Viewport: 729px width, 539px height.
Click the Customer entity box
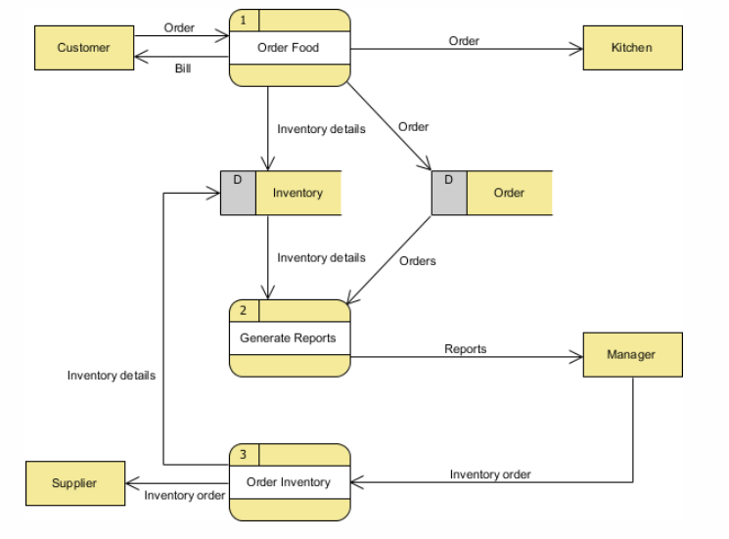(83, 47)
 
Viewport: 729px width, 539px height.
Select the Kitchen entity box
(632, 47)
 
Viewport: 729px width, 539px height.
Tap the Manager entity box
(632, 354)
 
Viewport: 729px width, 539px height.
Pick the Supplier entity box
(75, 483)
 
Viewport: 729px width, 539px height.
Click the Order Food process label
(289, 47)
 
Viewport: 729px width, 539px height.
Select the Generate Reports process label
(289, 337)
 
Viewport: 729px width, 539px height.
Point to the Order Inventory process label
(289, 482)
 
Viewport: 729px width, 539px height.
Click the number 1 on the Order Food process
(244, 20)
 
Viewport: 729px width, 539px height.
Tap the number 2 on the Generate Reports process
(244, 311)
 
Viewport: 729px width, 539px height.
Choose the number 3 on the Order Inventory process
(244, 455)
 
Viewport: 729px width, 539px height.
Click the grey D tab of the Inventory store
(238, 192)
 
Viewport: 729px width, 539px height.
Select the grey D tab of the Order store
(449, 192)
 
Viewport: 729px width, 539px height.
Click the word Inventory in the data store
(297, 193)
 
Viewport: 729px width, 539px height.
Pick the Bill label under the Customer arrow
(183, 68)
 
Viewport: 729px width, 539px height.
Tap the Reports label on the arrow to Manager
(465, 348)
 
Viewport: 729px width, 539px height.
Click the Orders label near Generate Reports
(418, 260)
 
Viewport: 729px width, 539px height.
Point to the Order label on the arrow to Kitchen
(464, 41)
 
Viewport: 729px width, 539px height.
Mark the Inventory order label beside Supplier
(185, 495)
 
